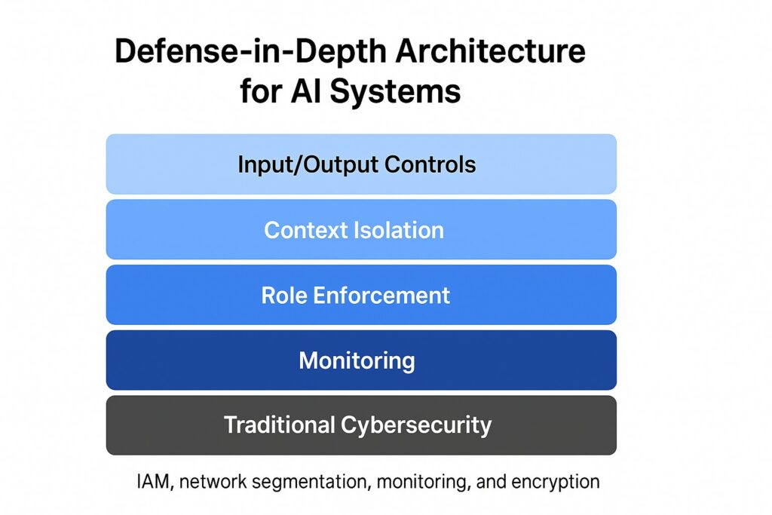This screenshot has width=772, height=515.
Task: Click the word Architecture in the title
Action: [x=490, y=51]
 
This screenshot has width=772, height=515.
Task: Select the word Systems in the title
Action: [x=395, y=91]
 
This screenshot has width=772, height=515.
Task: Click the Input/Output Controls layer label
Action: [x=357, y=164]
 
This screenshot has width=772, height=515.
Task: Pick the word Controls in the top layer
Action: [x=430, y=164]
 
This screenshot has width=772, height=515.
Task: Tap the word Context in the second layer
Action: [x=305, y=230]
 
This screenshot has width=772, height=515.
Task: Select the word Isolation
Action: [x=399, y=230]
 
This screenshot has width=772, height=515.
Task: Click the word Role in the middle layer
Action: [x=283, y=296]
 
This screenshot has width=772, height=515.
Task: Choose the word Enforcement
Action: [x=381, y=296]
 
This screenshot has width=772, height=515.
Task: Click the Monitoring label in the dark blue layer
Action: [x=357, y=361]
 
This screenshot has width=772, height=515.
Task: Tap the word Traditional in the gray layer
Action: [x=279, y=425]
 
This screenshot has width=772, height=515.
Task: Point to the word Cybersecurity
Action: [x=416, y=425]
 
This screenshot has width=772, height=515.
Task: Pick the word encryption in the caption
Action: [x=556, y=482]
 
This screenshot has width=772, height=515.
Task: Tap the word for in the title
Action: [x=261, y=91]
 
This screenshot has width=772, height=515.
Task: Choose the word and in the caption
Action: [x=491, y=482]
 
